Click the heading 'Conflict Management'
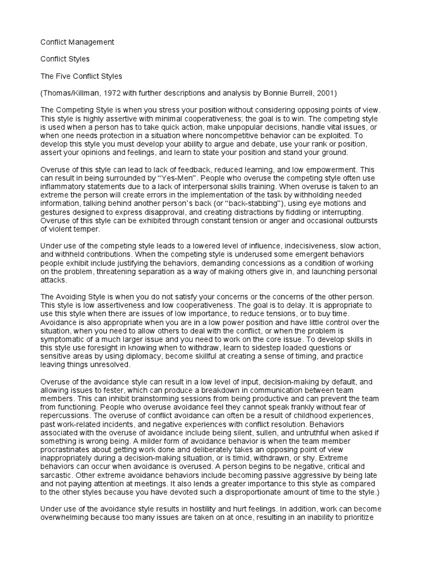pos(78,41)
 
